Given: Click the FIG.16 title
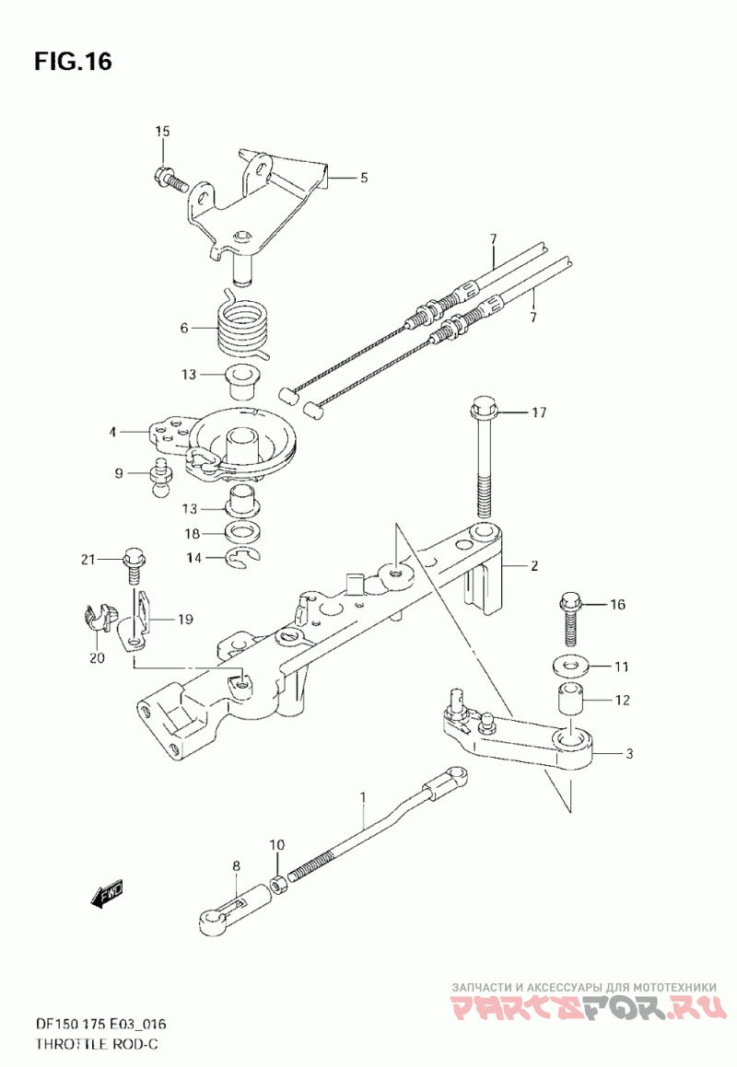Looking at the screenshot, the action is pyautogui.click(x=73, y=62).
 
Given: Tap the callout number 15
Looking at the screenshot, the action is pyautogui.click(x=161, y=132).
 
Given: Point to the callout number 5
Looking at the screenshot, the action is pyautogui.click(x=365, y=178).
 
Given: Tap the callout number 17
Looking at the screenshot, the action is pyautogui.click(x=540, y=412).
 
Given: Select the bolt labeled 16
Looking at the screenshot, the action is pyautogui.click(x=570, y=618).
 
